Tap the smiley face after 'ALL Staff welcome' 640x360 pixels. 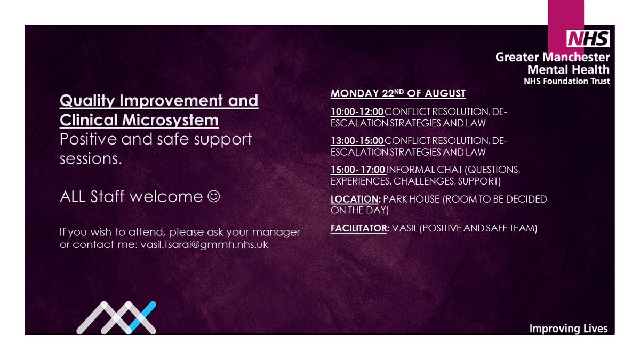tap(212, 197)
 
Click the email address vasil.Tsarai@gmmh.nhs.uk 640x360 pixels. tap(204, 244)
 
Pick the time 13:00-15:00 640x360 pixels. tap(357, 141)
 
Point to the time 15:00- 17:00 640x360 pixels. tap(358, 170)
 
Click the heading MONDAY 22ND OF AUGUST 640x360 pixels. tap(398, 94)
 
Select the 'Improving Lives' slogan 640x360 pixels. tap(568, 329)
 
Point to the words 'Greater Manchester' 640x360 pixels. tap(553, 57)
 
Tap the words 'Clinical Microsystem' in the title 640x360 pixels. tap(139, 121)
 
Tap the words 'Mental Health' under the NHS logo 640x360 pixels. tap(569, 69)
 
